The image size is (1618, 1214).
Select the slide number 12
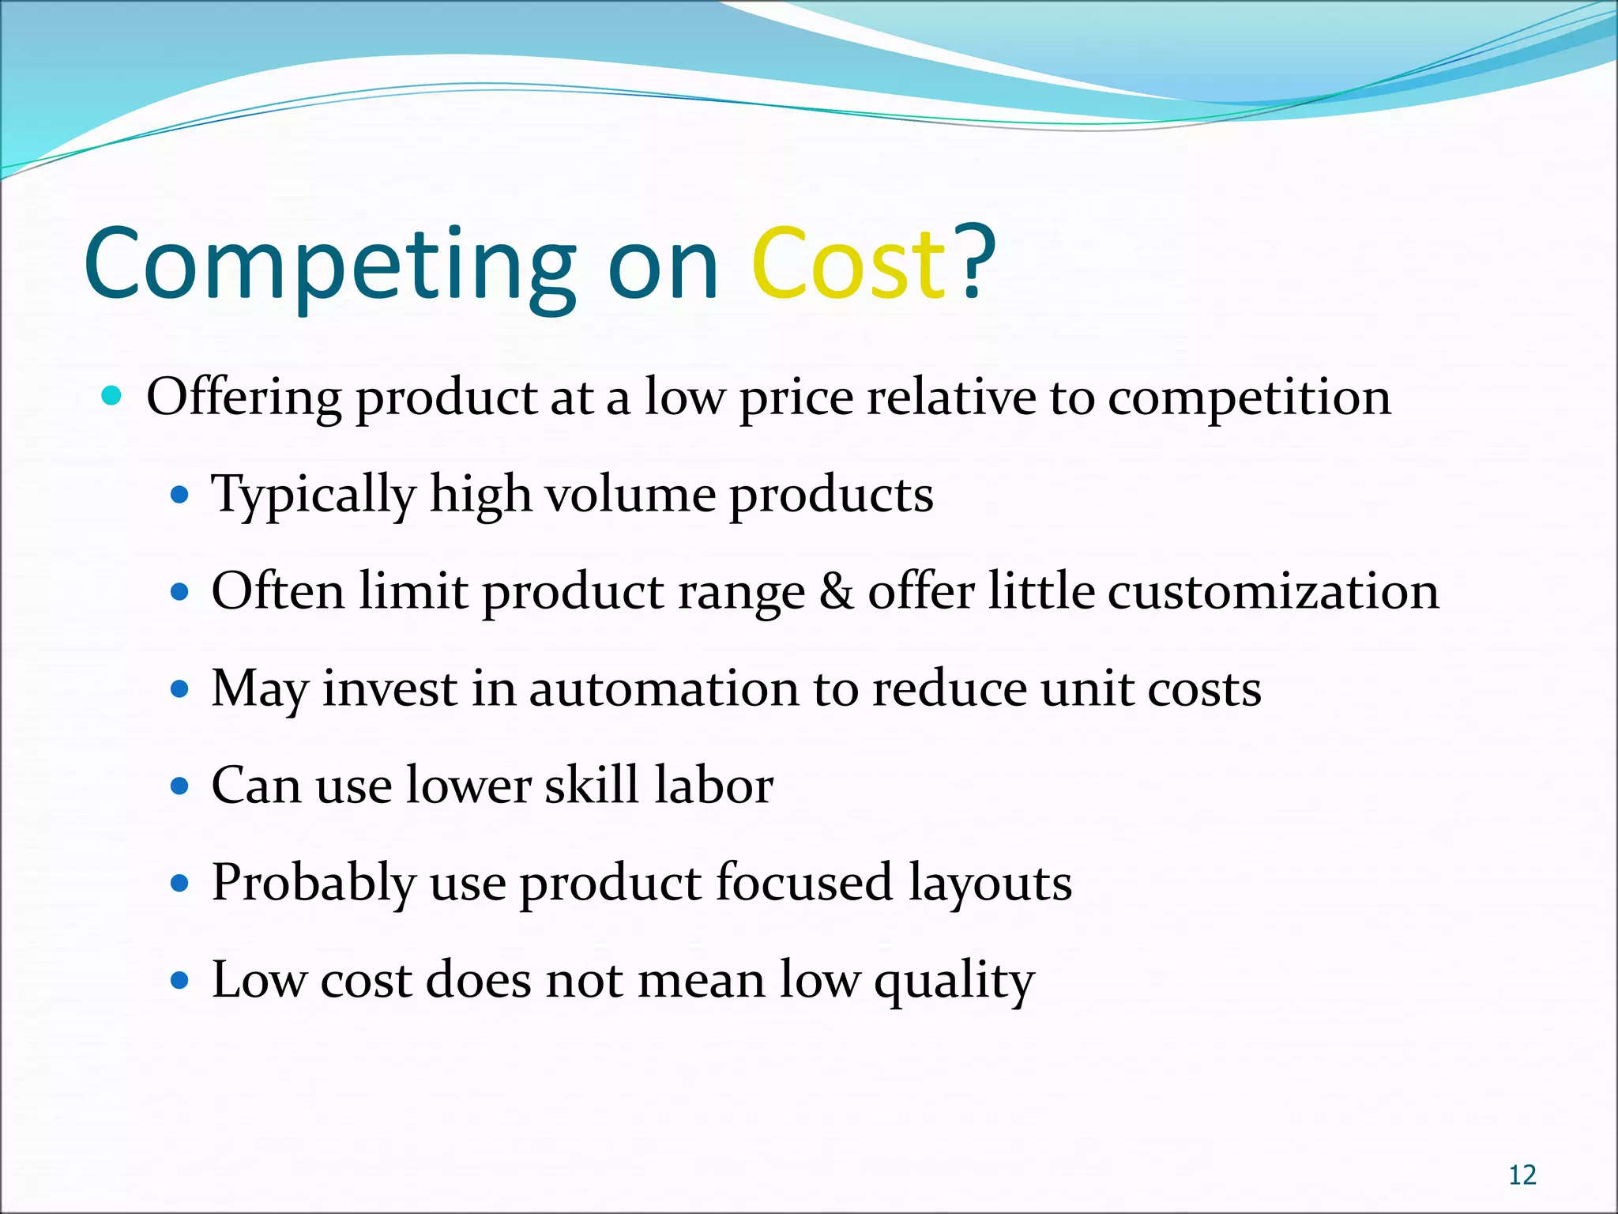point(1522,1175)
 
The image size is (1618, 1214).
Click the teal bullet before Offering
point(112,395)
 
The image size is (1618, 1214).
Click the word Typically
point(313,496)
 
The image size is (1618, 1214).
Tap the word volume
point(630,494)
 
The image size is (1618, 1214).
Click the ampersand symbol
point(837,591)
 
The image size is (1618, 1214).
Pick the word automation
point(664,688)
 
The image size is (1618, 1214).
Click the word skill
point(592,786)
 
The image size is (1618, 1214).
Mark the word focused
point(803,883)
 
